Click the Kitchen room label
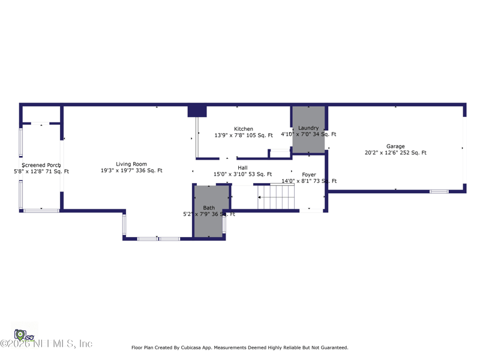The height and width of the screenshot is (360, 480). click(244, 129)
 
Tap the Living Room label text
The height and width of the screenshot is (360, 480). click(131, 164)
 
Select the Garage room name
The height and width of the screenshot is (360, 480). click(395, 146)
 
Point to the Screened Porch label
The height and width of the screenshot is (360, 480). click(41, 165)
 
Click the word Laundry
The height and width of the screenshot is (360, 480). click(308, 128)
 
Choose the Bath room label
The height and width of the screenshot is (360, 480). click(209, 208)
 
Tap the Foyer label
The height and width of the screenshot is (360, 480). click(309, 175)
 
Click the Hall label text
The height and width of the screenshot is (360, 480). click(242, 168)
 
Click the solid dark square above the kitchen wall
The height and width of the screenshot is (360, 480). click(197, 112)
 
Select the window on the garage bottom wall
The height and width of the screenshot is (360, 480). click(439, 191)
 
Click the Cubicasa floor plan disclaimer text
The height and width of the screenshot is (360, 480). click(239, 347)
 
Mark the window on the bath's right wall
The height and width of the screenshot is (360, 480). click(224, 224)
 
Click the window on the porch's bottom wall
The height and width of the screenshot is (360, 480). click(41, 210)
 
